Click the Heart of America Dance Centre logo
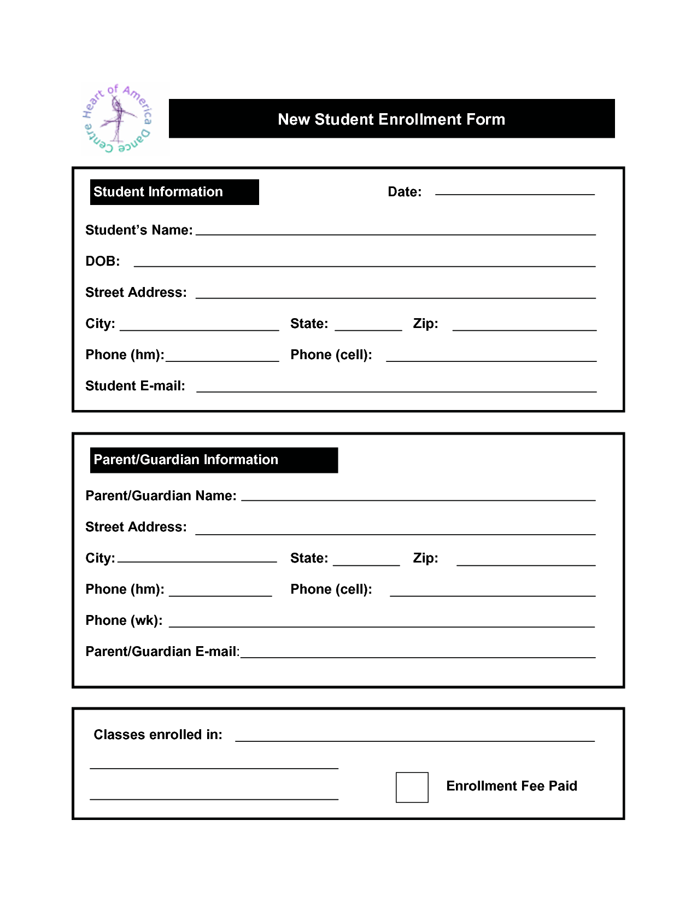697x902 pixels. click(x=118, y=119)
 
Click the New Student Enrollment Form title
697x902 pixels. click(x=391, y=119)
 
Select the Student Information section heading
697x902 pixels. click(x=159, y=192)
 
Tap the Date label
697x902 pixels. click(x=405, y=192)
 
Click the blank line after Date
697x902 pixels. click(x=514, y=192)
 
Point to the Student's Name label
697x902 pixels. click(x=139, y=230)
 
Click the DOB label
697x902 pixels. click(x=103, y=261)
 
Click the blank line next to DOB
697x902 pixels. click(x=364, y=265)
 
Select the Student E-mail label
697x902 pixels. click(x=135, y=386)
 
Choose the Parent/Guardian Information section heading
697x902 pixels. click(x=186, y=460)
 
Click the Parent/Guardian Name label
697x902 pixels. click(x=161, y=496)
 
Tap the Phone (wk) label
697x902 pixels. click(x=124, y=620)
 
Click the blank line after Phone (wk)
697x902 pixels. click(x=382, y=625)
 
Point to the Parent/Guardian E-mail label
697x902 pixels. click(x=162, y=652)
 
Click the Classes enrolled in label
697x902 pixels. click(x=158, y=735)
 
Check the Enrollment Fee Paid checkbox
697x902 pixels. click(x=412, y=787)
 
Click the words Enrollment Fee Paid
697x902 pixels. click(x=512, y=786)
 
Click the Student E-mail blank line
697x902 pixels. click(x=396, y=390)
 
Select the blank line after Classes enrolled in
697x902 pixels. click(x=414, y=740)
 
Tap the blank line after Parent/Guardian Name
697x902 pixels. click(x=418, y=499)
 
